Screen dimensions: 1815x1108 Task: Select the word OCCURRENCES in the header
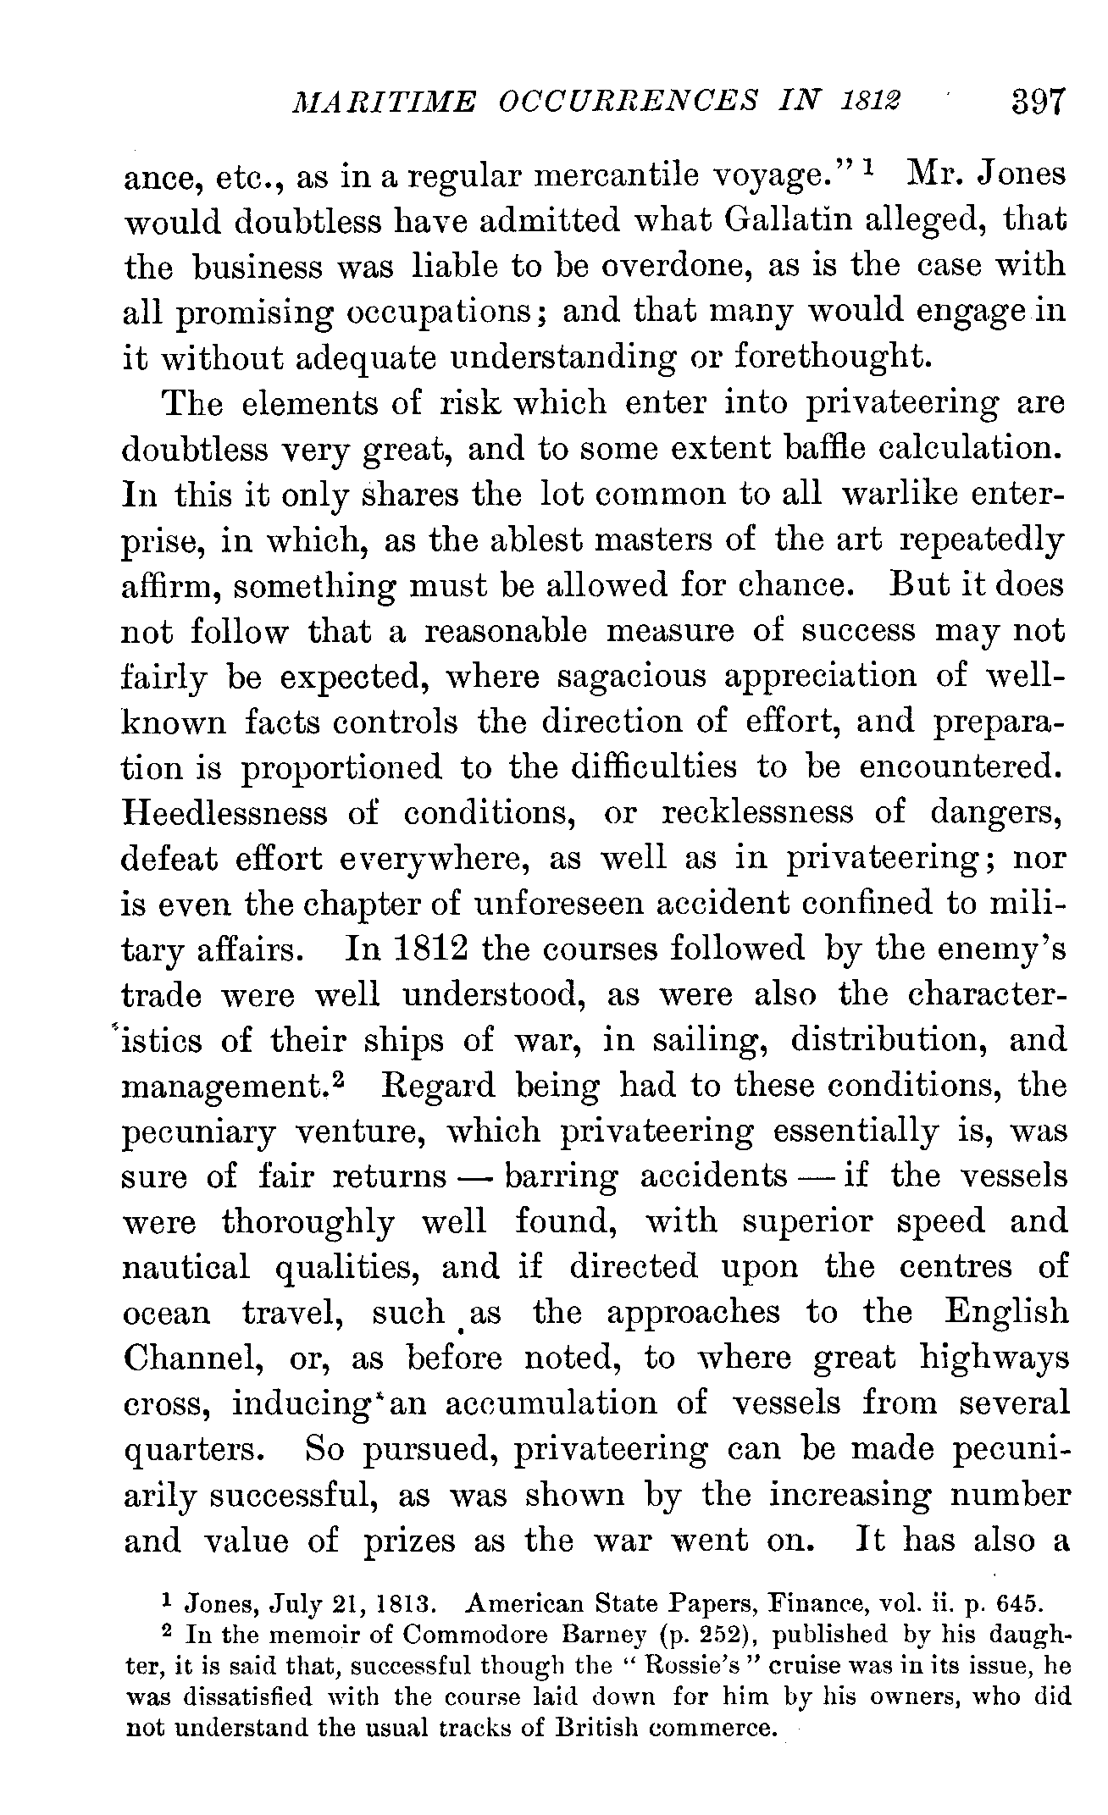pyautogui.click(x=626, y=105)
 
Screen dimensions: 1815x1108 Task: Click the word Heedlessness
pyautogui.click(x=224, y=813)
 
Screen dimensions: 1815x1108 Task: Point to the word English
pyautogui.click(x=1006, y=1312)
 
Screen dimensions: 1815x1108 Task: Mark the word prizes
pyautogui.click(x=410, y=1540)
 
